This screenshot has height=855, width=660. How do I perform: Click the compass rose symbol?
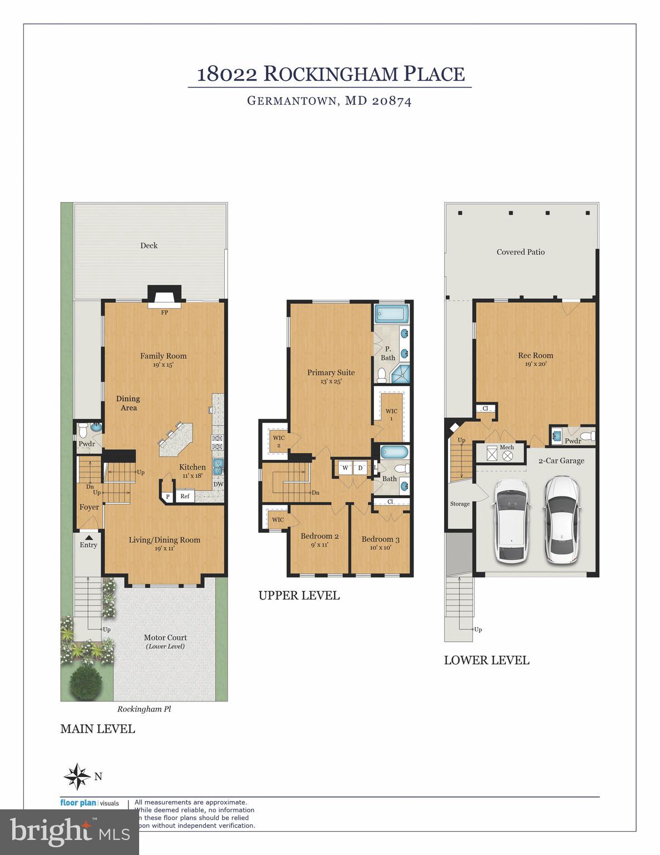(x=77, y=776)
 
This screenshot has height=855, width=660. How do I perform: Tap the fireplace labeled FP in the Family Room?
(x=164, y=296)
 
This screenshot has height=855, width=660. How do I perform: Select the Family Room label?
(x=163, y=356)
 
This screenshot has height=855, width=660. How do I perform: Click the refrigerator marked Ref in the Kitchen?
(x=185, y=496)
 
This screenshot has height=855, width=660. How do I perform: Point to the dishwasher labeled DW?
(x=218, y=484)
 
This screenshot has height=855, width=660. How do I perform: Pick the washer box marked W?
(x=345, y=468)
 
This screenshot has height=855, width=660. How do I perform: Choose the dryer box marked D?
(x=360, y=468)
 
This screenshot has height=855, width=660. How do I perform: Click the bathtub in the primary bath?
(x=392, y=314)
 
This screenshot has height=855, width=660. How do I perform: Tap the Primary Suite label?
(x=331, y=372)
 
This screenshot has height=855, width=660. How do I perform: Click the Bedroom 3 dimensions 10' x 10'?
(x=380, y=548)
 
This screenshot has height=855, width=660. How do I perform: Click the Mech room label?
(x=506, y=448)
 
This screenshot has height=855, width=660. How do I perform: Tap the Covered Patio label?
(x=520, y=252)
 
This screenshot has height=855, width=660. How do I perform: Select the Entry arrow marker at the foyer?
(x=88, y=537)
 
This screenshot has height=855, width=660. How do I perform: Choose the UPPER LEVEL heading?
(x=299, y=596)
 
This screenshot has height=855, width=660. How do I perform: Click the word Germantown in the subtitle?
(x=291, y=101)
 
